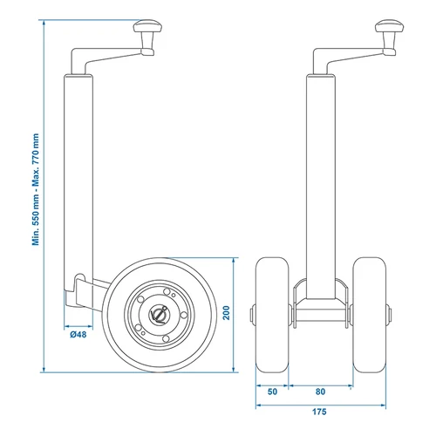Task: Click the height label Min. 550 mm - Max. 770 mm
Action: [37, 189]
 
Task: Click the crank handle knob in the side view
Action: [145, 36]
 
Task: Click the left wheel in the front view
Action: [270, 315]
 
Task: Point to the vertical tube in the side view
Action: [78, 174]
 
